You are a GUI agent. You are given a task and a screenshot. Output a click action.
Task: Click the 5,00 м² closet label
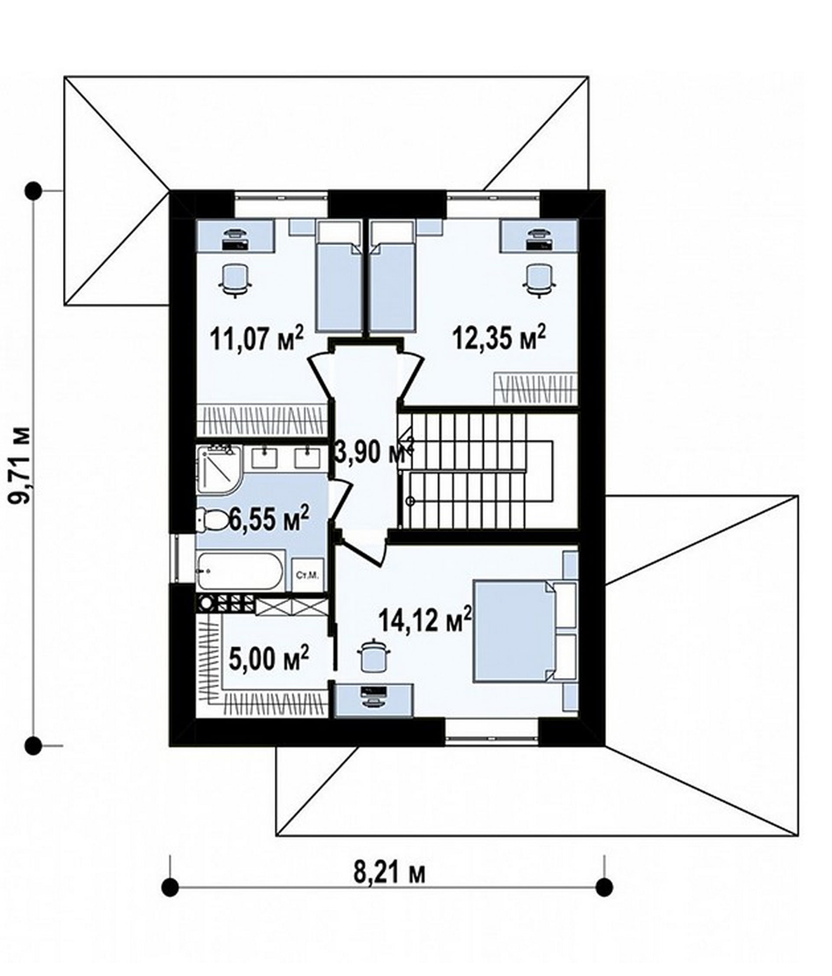point(269,658)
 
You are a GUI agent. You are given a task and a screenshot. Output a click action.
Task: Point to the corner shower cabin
point(220,469)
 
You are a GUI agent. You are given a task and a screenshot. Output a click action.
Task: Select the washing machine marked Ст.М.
point(309,575)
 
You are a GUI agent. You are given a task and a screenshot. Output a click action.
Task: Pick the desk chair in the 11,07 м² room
point(234,280)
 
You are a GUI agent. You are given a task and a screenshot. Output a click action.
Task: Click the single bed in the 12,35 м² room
point(393,277)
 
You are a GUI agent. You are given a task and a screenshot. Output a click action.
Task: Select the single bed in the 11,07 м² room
point(339,277)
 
